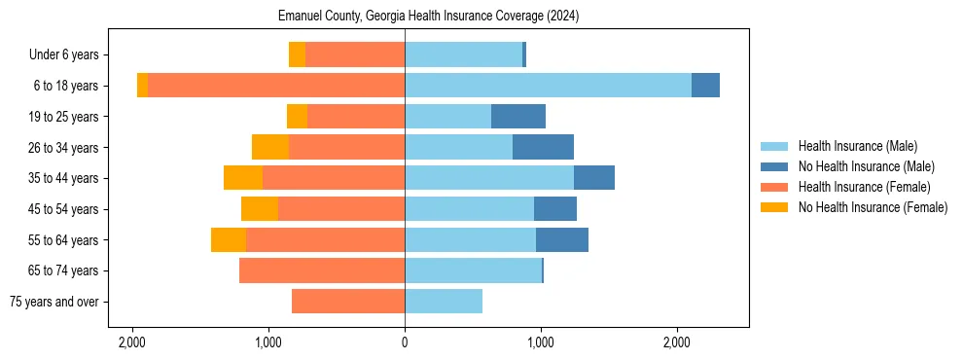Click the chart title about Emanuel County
(429, 17)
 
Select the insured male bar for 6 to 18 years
(548, 86)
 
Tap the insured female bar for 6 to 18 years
(276, 86)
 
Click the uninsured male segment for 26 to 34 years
(543, 147)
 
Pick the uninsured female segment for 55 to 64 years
(229, 240)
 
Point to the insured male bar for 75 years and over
(444, 302)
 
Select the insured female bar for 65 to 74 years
(322, 270)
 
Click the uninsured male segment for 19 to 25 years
(518, 117)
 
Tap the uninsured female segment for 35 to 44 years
(243, 178)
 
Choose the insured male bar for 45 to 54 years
(469, 209)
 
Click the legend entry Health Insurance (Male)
(857, 146)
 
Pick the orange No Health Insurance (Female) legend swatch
(774, 207)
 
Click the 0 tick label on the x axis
(405, 343)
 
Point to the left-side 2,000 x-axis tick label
(132, 343)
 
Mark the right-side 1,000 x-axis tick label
(541, 343)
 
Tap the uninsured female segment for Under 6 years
(297, 55)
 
